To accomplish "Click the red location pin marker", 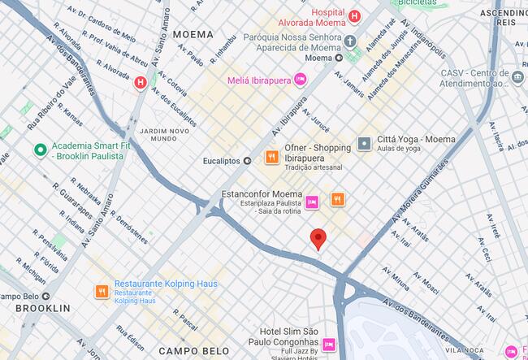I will click(318, 238).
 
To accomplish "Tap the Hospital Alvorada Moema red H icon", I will click(353, 16).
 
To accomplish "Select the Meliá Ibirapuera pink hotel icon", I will click(301, 78).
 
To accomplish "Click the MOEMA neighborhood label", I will click(193, 35).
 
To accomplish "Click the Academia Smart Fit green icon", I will click(39, 150).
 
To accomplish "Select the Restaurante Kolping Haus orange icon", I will click(102, 290).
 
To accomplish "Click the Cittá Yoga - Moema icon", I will click(364, 143).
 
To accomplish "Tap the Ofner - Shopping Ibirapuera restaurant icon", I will click(271, 158).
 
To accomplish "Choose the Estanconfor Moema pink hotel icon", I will click(311, 201).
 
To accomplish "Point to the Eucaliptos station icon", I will click(247, 161).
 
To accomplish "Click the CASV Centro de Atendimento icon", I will click(519, 78).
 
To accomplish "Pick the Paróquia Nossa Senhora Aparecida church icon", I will click(350, 41).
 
